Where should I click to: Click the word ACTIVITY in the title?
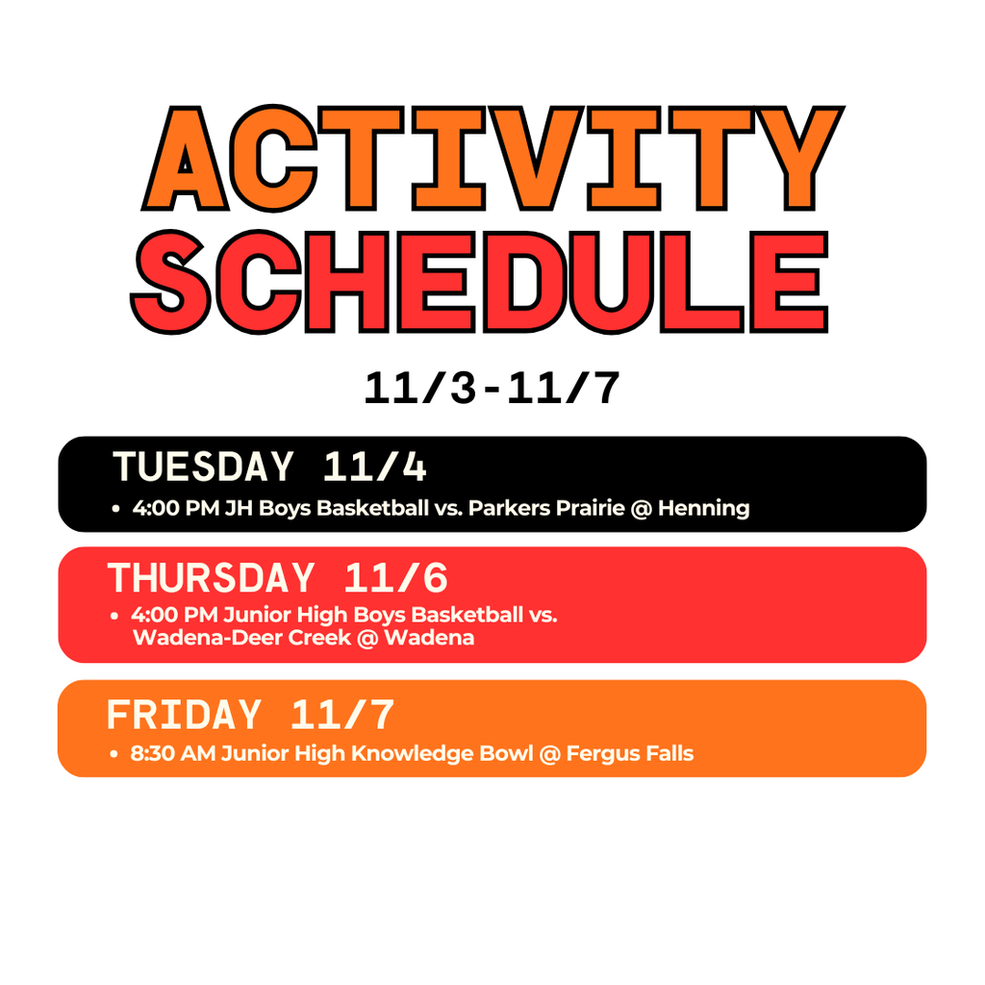tap(492, 159)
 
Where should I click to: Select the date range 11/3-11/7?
tap(492, 390)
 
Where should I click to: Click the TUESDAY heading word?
tap(203, 467)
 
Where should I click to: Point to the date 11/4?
tap(374, 467)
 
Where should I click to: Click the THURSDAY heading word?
tap(211, 578)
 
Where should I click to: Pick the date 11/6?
tap(395, 578)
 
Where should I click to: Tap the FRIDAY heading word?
tap(183, 716)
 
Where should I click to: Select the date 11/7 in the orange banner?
tap(342, 716)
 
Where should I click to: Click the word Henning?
tap(703, 508)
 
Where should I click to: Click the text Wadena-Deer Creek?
tap(241, 637)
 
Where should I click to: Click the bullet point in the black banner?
tap(115, 508)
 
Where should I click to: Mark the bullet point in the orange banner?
tap(114, 753)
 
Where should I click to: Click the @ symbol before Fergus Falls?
tap(550, 753)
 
